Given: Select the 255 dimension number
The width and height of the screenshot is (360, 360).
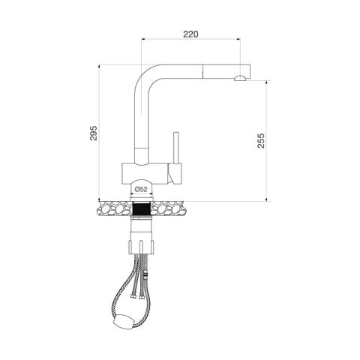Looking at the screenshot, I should point(260,141).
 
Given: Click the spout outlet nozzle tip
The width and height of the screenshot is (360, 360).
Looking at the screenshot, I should point(241,78).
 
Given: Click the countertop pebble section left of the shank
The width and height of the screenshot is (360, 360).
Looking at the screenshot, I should point(114,208).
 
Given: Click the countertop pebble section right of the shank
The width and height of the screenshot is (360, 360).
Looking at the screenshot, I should point(171,208).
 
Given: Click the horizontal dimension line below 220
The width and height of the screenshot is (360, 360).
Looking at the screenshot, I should point(190,43).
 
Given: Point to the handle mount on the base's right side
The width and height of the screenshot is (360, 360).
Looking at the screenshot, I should point(174,174).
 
